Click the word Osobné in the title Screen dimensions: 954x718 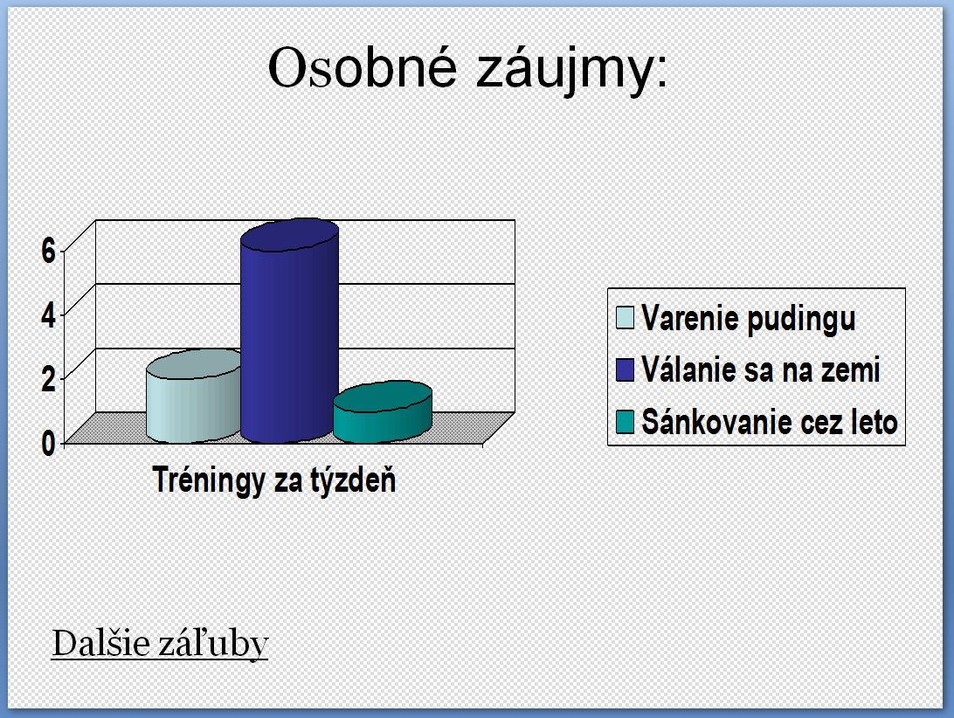tap(362, 67)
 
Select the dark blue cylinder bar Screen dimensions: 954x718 tap(290, 330)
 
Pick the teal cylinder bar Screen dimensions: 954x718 tap(383, 412)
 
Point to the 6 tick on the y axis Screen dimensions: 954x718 tap(48, 250)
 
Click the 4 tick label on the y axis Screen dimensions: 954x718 tap(48, 314)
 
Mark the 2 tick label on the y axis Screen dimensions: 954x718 tap(48, 379)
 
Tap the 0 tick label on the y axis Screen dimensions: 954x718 tap(48, 444)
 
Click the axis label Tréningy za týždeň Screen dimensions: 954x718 tap(273, 480)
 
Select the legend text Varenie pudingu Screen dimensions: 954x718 tap(749, 319)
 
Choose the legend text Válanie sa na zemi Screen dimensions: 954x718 tap(761, 370)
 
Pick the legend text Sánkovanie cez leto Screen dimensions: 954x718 tap(770, 422)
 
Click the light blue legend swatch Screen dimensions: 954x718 tap(625, 317)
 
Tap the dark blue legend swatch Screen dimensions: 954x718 tap(625, 369)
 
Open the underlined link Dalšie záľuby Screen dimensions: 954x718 tap(160, 644)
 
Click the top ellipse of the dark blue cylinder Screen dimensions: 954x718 tap(290, 235)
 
